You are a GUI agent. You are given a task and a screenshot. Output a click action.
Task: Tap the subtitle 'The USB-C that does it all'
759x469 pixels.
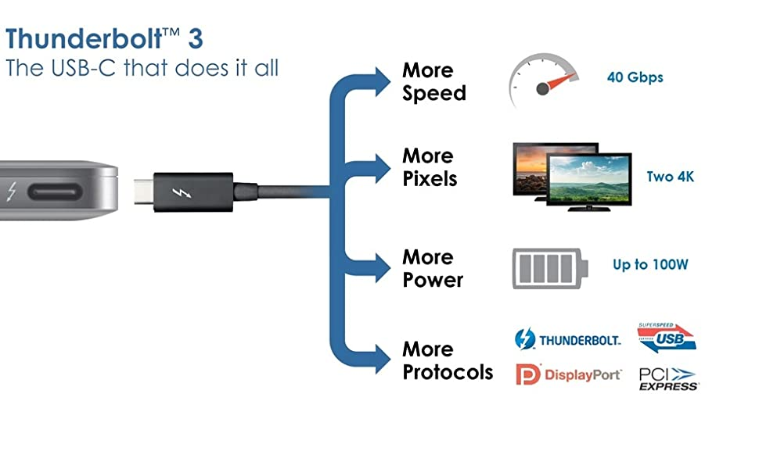click(x=142, y=67)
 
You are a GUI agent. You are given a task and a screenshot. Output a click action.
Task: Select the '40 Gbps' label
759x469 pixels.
click(x=635, y=77)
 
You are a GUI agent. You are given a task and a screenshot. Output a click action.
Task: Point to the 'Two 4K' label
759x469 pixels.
click(x=670, y=177)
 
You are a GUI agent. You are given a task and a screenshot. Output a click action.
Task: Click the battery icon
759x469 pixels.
click(x=550, y=268)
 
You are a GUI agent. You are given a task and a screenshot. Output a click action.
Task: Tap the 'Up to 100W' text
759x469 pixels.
click(x=650, y=265)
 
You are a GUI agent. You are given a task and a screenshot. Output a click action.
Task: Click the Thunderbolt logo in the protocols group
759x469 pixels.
click(x=568, y=339)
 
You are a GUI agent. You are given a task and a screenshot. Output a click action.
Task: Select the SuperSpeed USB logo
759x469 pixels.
click(x=667, y=336)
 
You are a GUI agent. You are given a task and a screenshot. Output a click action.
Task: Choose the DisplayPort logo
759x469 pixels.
click(x=568, y=374)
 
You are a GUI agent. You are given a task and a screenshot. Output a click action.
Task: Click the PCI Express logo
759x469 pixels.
click(x=668, y=378)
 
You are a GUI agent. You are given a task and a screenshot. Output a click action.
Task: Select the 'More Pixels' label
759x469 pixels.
click(x=430, y=167)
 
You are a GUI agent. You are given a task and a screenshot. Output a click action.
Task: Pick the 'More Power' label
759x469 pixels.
click(x=433, y=268)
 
